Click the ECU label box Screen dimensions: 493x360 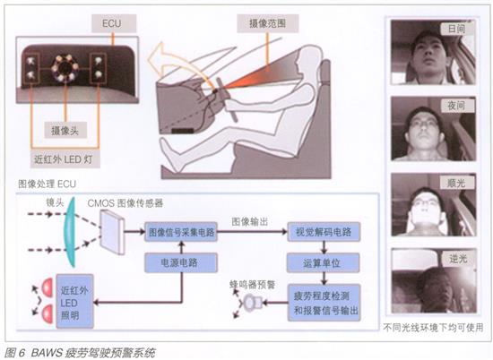tap(114, 23)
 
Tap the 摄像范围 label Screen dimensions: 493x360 tap(268, 23)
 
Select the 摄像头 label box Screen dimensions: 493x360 tap(65, 130)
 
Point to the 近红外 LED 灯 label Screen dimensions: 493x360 tap(65, 159)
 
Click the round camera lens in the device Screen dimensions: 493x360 tap(65, 67)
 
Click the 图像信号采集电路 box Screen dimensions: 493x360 tap(181, 232)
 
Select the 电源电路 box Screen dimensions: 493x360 tap(181, 262)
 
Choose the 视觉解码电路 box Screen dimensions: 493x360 tap(324, 232)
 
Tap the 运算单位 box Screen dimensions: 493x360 tap(324, 262)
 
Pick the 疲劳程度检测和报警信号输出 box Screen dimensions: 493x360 tap(324, 303)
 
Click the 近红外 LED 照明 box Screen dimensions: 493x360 tap(74, 301)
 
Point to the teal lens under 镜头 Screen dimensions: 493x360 tap(70, 232)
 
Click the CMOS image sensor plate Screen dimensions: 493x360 tap(112, 232)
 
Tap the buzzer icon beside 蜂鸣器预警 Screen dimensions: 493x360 tap(253, 303)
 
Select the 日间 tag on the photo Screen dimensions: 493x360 tap(456, 29)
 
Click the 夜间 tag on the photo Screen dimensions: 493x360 tap(456, 106)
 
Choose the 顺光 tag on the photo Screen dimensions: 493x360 tap(456, 182)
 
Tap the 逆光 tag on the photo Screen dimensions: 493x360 tap(458, 259)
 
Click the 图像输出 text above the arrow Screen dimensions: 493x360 tap(250, 221)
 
